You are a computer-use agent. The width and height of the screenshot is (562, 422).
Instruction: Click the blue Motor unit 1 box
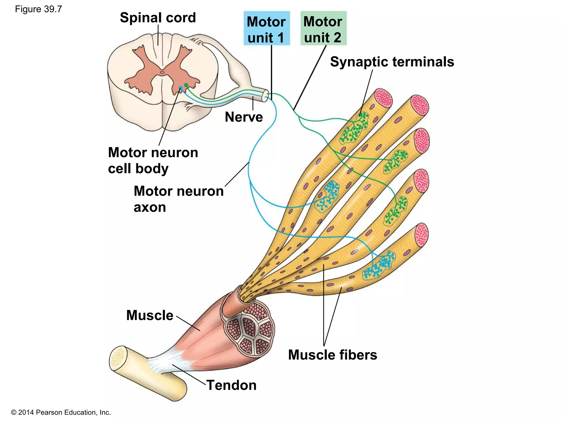point(266,29)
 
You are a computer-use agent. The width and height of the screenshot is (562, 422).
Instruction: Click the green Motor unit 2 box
point(323,29)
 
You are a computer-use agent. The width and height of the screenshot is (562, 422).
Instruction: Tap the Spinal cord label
point(158,18)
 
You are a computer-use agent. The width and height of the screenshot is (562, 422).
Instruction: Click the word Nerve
point(244,117)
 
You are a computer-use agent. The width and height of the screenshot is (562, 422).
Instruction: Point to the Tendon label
point(231,385)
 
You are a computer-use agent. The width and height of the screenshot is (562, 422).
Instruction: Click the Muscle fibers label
point(333,355)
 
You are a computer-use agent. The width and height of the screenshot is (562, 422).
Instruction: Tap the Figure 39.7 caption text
point(38,9)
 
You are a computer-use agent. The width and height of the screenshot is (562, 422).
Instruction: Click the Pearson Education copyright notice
point(61,412)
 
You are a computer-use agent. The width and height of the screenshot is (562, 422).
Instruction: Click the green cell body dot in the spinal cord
point(186,85)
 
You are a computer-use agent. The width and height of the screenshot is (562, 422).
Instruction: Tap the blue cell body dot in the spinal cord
point(181,88)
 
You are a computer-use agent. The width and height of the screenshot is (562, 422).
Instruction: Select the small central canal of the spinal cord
point(162,73)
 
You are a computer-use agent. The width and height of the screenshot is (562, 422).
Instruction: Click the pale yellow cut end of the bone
point(118,357)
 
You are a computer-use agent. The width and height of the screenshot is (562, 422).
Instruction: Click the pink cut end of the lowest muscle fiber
point(421,235)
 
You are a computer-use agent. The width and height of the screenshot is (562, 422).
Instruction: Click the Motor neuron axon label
point(178,199)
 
